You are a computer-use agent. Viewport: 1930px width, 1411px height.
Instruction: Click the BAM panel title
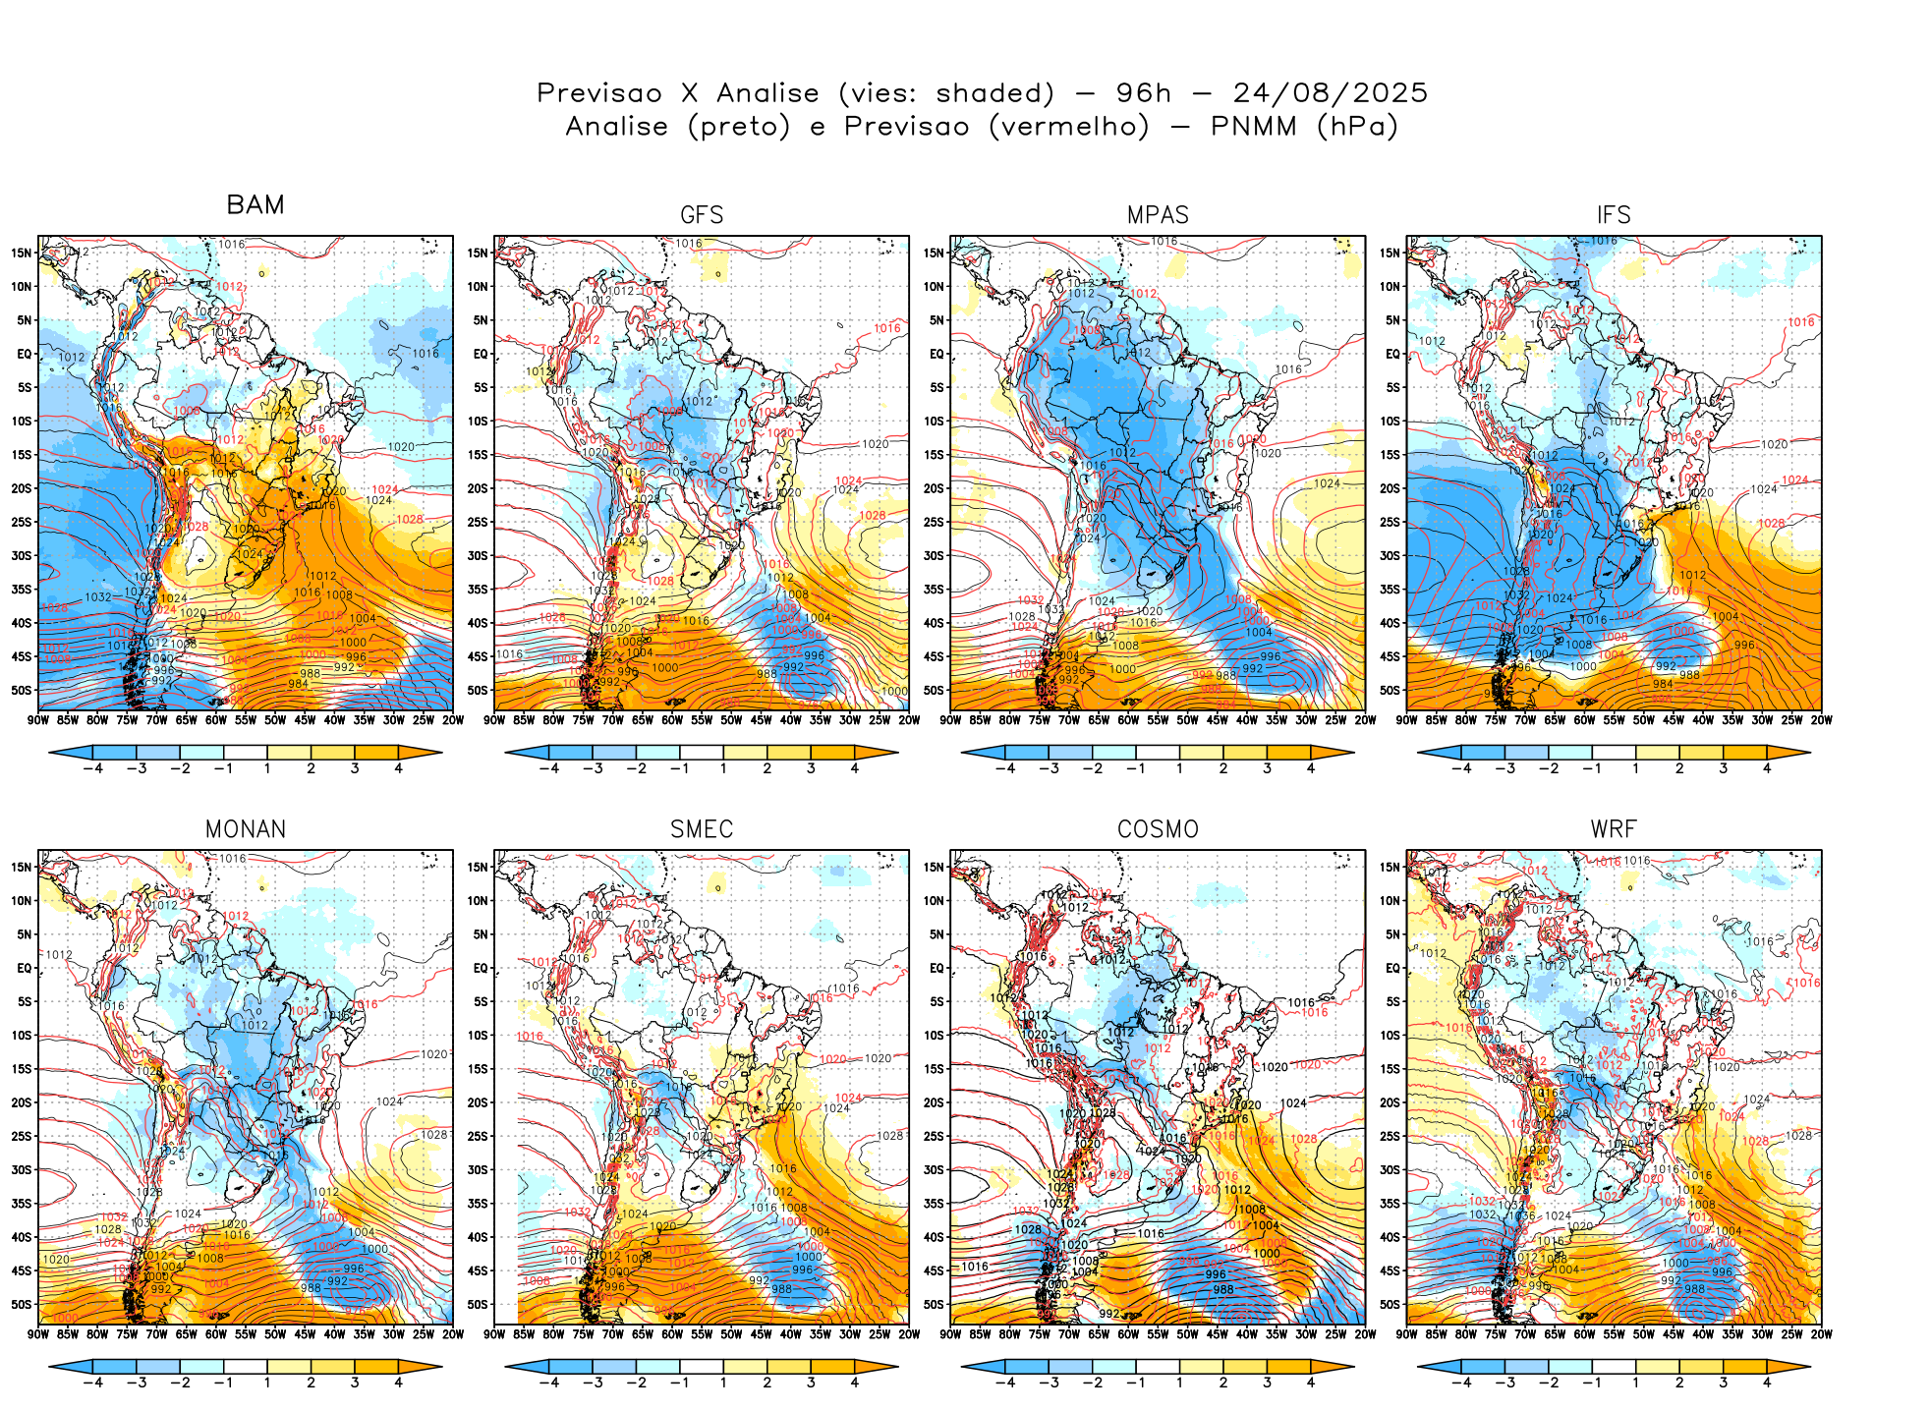(x=255, y=204)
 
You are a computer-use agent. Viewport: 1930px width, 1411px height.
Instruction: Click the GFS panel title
(x=702, y=215)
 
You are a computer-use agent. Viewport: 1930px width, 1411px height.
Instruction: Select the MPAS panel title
(x=1158, y=215)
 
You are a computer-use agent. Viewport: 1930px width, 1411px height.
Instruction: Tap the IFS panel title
(x=1614, y=215)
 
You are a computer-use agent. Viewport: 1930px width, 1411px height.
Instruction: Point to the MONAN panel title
(x=246, y=829)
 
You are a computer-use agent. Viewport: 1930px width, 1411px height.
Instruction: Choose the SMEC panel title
(x=702, y=829)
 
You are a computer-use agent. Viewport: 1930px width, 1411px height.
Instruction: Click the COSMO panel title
(x=1158, y=829)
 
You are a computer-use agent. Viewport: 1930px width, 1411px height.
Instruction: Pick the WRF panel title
(x=1614, y=829)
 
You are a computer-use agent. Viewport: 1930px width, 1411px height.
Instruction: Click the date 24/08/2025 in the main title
(x=1330, y=93)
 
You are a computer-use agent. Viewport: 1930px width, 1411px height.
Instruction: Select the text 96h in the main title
(x=1144, y=93)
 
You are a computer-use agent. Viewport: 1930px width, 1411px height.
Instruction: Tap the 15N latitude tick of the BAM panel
(x=22, y=253)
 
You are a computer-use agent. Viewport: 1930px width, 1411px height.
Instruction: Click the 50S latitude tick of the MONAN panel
(x=22, y=1304)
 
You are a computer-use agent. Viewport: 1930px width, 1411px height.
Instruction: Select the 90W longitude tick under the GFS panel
(x=494, y=720)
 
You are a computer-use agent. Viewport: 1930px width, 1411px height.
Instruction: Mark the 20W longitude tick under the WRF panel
(x=1821, y=1334)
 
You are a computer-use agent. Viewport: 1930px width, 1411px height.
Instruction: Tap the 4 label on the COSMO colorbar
(x=1310, y=1383)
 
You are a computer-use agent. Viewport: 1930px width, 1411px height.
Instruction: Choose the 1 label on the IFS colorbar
(x=1636, y=768)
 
